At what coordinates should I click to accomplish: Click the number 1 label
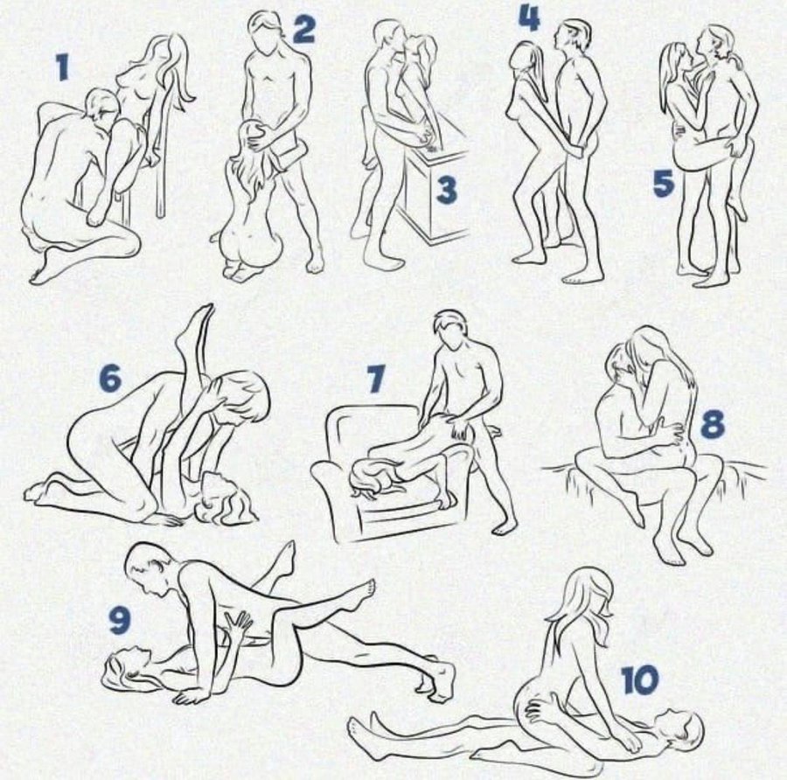(62, 67)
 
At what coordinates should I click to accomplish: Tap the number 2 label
(303, 29)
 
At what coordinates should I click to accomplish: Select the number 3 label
(446, 191)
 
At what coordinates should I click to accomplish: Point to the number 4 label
(529, 17)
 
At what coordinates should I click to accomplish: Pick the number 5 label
(663, 183)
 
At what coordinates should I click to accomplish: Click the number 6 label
(110, 378)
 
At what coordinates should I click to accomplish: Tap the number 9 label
(120, 620)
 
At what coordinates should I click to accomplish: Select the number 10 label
(640, 679)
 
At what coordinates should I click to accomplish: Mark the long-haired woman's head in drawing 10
(585, 595)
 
